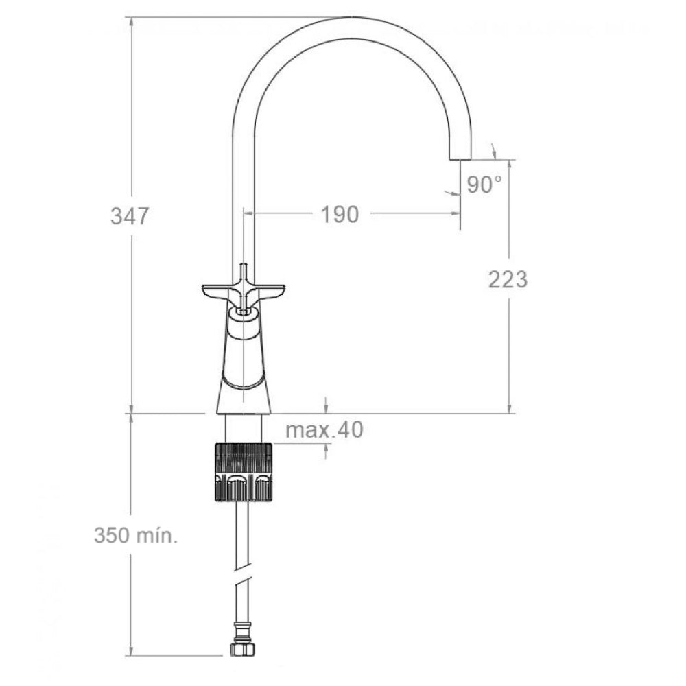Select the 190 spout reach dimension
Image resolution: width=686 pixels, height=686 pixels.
point(340,214)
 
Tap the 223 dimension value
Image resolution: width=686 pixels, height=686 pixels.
point(508,279)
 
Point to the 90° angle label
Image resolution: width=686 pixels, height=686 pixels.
point(484,184)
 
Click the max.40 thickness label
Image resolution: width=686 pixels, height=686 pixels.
point(324,430)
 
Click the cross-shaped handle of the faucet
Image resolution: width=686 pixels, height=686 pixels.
point(244,292)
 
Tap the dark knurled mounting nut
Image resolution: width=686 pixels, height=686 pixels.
point(244,473)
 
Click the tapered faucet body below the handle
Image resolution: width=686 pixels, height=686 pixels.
point(244,364)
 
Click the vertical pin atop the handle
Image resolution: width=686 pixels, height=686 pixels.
point(244,270)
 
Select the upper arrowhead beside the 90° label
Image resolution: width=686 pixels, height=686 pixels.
point(495,150)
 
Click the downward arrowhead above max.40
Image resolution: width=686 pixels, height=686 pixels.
point(326,407)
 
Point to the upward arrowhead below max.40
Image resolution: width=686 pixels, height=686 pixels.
point(326,449)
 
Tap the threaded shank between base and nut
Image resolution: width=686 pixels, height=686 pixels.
point(244,429)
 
